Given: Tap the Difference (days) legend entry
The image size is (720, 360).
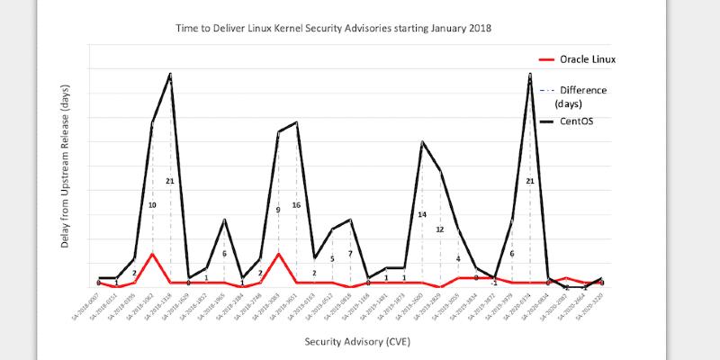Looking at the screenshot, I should click(x=582, y=96).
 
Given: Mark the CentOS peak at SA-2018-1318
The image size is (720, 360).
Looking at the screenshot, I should click(x=170, y=74).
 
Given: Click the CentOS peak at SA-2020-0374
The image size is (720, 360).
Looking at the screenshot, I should click(x=530, y=74).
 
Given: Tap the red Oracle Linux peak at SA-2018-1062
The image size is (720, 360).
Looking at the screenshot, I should click(x=152, y=254).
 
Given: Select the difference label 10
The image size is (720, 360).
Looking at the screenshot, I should click(x=152, y=205).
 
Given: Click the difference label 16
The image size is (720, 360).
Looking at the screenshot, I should click(x=296, y=205).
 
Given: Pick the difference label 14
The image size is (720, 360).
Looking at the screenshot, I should click(x=422, y=214).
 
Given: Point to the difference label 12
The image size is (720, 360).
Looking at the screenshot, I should click(x=440, y=229).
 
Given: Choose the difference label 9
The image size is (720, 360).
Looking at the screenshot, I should click(x=278, y=210).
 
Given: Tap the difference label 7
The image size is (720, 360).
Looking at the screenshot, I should click(x=350, y=254).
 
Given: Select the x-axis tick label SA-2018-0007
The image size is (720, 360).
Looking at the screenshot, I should click(x=85, y=310).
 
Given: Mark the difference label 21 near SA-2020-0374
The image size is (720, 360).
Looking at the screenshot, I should click(x=530, y=181).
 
